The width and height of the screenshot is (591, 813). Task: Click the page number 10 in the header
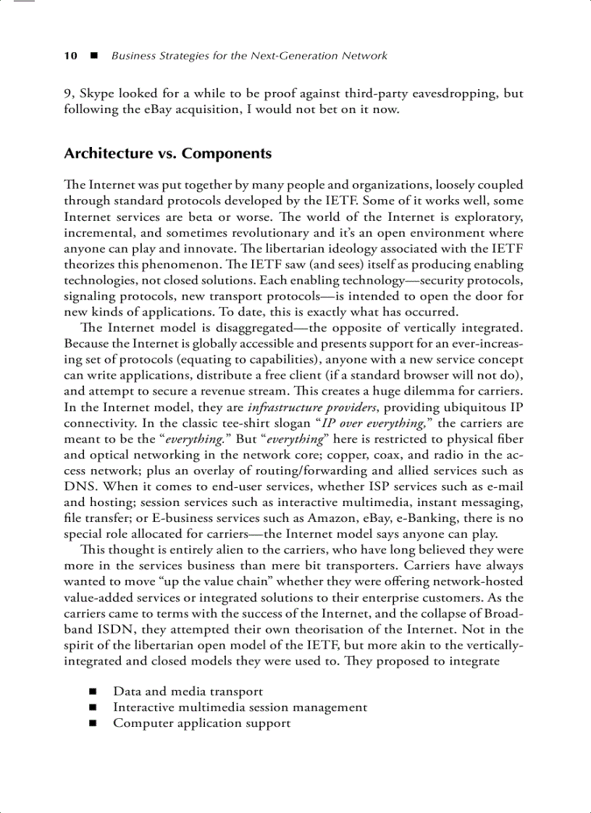(x=71, y=56)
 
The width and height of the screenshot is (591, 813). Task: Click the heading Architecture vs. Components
(x=168, y=153)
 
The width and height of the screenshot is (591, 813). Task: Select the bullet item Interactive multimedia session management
(x=240, y=707)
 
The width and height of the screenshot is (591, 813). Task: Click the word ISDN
(x=113, y=629)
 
